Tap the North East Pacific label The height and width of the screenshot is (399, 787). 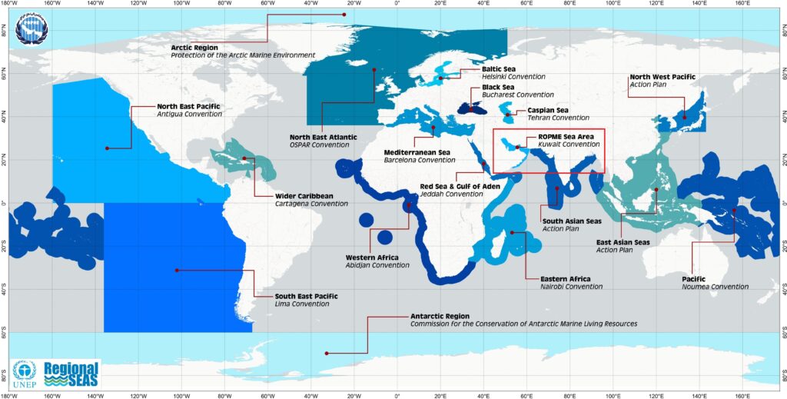[x=188, y=106]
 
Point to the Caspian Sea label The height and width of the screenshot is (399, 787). [x=548, y=110]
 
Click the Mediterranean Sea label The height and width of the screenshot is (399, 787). [x=417, y=152]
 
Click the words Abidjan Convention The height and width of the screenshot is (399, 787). [x=377, y=265]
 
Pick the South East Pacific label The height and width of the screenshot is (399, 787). [x=307, y=295]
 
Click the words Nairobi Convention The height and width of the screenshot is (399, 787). [x=571, y=287]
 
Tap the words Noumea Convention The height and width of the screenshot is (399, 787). [x=715, y=287]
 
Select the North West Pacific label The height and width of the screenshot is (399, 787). [x=662, y=77]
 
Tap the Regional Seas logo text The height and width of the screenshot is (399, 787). [x=71, y=374]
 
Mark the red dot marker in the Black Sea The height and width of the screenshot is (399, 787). [x=471, y=109]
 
